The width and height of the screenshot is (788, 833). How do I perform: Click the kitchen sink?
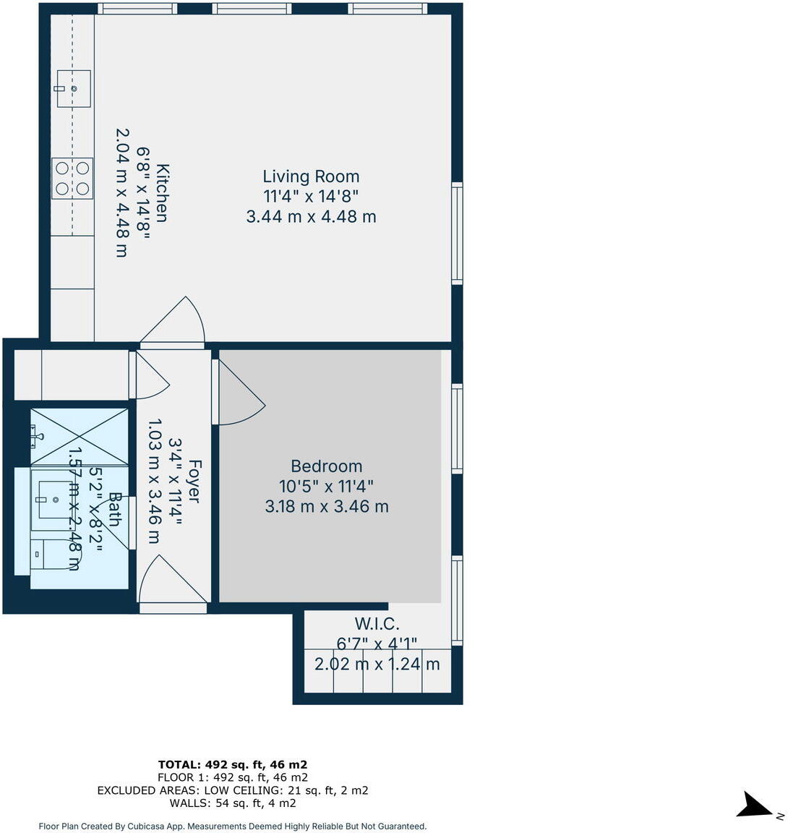[73, 88]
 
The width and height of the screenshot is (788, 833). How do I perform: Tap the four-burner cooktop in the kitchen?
[72, 178]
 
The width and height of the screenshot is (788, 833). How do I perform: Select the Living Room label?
[311, 176]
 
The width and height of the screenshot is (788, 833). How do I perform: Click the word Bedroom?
[326, 466]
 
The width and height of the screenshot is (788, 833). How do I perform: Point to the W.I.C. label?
[377, 624]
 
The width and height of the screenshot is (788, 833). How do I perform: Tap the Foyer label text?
[193, 482]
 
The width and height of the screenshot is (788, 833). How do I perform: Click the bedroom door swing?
[240, 394]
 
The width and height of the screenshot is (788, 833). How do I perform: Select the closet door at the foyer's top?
[150, 377]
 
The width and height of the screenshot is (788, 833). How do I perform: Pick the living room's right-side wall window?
[456, 233]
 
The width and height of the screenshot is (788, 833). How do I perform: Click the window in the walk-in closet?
[456, 599]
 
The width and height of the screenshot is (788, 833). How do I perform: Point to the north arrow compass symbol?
[756, 805]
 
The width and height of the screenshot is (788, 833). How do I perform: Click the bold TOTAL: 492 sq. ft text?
[233, 764]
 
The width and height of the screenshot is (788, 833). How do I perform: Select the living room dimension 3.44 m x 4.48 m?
[311, 216]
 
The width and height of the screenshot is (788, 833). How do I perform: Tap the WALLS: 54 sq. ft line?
[233, 803]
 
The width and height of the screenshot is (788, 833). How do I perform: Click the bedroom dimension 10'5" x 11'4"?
[326, 486]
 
